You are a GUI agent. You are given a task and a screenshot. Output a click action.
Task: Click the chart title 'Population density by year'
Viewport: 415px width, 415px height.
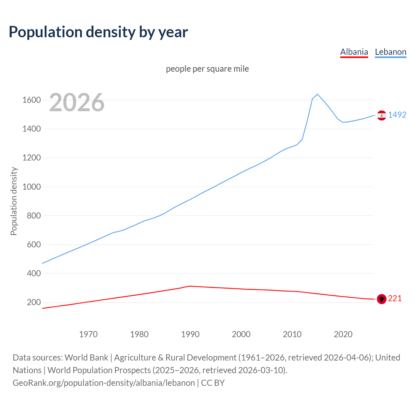coord(98,32)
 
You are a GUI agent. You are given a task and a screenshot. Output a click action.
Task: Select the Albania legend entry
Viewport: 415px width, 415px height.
coord(354,52)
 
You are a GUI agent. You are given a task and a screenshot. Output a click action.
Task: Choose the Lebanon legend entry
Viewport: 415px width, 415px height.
coord(390,52)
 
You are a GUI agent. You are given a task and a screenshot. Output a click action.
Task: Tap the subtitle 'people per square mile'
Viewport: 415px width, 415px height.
coord(207,69)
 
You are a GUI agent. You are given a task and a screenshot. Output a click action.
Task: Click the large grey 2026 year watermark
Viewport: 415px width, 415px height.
coord(77,102)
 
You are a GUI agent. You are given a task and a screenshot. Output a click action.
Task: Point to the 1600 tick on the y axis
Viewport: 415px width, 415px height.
coord(31,100)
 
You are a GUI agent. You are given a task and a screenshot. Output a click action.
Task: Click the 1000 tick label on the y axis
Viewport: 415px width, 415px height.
coord(31,187)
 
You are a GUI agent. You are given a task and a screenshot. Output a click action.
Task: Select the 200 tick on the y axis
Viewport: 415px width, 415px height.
coord(34,302)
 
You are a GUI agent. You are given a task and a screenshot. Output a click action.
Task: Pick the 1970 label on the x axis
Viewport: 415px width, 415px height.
coord(88,334)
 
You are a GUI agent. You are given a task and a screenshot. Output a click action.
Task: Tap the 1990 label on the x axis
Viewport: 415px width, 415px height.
coord(190,334)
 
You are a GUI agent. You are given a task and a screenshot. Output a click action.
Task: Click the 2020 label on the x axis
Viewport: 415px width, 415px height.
coord(343,334)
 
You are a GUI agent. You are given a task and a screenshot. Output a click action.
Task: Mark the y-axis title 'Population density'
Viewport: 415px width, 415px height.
coord(14,201)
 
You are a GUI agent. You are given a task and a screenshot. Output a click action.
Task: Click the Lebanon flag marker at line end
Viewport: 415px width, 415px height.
coord(382,115)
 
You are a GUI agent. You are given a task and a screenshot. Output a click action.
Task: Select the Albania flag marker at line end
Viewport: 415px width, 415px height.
coord(382,299)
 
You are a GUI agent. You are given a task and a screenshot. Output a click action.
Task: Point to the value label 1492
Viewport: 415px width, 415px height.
coord(397,115)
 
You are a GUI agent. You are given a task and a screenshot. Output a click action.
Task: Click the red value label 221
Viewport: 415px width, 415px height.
coord(395,298)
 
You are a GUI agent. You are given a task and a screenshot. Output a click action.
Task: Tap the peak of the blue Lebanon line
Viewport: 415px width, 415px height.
coord(317,94)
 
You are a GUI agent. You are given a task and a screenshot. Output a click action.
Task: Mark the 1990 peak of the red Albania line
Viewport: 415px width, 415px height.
coord(190,286)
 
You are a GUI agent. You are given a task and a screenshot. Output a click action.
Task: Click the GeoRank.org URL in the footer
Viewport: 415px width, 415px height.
coord(104,383)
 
